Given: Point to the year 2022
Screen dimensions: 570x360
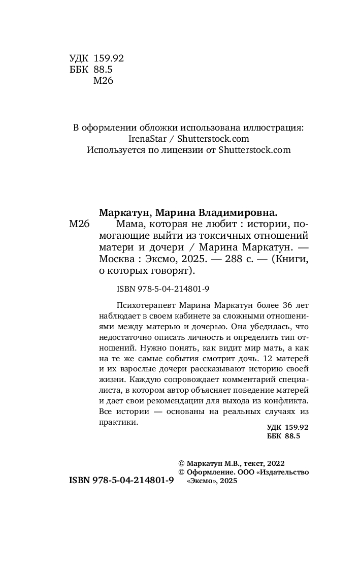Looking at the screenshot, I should [x=274, y=463].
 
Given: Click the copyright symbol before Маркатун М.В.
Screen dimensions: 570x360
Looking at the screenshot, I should [x=182, y=463].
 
